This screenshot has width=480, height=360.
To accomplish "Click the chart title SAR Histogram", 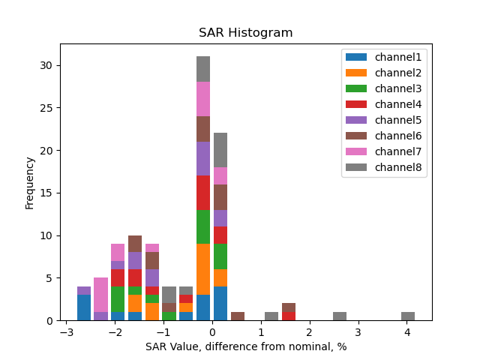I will pyautogui.click(x=245, y=33).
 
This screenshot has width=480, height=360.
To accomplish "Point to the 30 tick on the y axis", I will pyautogui.click(x=46, y=65).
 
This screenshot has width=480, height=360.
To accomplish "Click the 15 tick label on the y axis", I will pyautogui.click(x=46, y=193).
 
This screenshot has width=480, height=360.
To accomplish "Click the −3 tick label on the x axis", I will pyautogui.click(x=67, y=332).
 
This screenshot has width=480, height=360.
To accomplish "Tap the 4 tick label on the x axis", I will pyautogui.click(x=407, y=332).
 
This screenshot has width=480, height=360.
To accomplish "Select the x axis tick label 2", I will pyautogui.click(x=310, y=332).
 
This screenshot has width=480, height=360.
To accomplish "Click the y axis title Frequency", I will pyautogui.click(x=30, y=182).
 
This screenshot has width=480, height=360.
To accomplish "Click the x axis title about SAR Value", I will pyautogui.click(x=245, y=346).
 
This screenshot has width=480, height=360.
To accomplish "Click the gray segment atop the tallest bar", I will pyautogui.click(x=203, y=69).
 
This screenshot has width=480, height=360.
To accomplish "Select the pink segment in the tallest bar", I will pyautogui.click(x=203, y=99).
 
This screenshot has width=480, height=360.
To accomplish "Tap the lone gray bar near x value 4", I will pyautogui.click(x=408, y=316).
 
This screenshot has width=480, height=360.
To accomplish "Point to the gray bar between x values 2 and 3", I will pyautogui.click(x=340, y=316).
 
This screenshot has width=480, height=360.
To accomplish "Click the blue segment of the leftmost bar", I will pyautogui.click(x=84, y=307).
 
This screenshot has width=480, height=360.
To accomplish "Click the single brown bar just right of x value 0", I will pyautogui.click(x=238, y=316).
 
